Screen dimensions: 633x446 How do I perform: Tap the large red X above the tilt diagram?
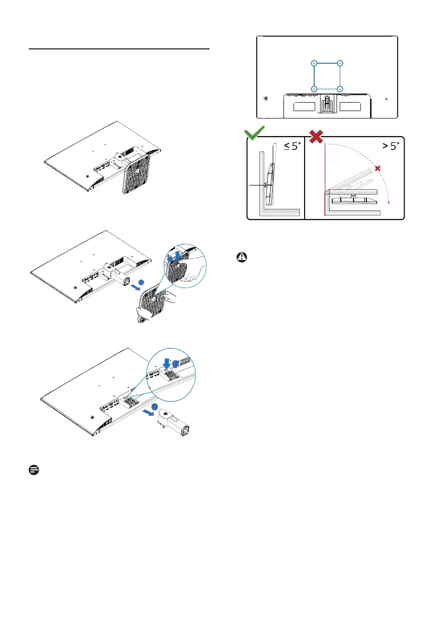tap(316, 135)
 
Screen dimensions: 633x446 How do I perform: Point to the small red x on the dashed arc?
tap(378, 168)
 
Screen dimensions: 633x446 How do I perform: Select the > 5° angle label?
tap(388, 146)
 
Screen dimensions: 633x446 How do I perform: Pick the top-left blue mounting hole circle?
tap(314, 63)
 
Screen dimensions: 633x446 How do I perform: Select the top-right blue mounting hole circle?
tap(340, 63)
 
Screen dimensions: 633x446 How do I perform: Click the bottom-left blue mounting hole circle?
tap(314, 88)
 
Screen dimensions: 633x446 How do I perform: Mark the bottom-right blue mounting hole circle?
tap(340, 88)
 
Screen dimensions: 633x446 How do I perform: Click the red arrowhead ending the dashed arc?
tap(389, 202)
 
